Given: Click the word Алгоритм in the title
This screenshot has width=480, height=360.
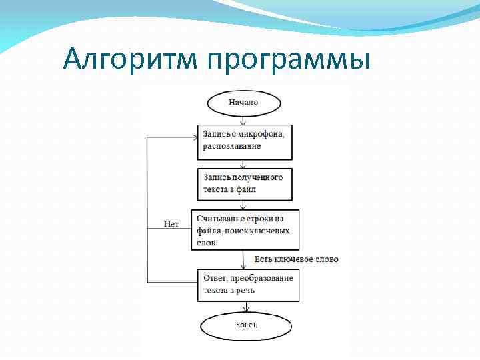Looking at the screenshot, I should (131, 60).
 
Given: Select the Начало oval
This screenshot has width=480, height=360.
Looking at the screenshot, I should (243, 103).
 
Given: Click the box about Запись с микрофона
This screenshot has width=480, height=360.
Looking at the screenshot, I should (245, 141).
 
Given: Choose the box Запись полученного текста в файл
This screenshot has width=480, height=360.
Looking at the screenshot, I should (245, 183).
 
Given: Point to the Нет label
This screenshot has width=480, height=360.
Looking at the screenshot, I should (171, 224).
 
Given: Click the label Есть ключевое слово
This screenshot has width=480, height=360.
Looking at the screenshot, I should (297, 259).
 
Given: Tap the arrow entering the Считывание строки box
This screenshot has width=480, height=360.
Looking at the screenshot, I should (244, 205).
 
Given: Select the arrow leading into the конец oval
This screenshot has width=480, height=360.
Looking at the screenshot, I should (247, 307).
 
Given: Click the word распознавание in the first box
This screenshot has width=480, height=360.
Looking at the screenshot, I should (232, 146).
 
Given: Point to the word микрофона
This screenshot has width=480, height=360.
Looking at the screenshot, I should (261, 135).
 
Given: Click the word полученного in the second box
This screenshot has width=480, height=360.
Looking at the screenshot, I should (257, 177).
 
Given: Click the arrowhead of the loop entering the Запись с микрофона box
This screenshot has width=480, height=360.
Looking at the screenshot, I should (195, 138).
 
